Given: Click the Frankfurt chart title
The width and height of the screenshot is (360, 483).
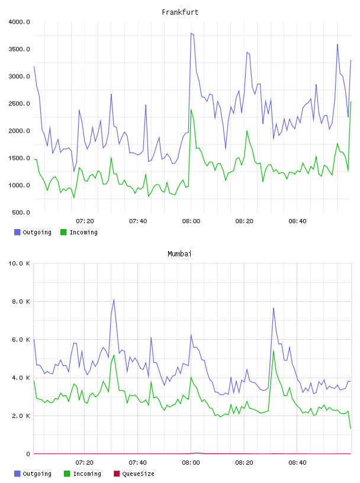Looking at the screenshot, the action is [x=180, y=12].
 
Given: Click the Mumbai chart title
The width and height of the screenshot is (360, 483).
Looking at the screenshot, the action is [x=179, y=254].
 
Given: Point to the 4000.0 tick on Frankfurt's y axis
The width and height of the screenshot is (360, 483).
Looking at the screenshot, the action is [x=19, y=22].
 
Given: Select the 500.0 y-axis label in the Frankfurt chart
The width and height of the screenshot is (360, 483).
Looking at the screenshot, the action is [x=21, y=212].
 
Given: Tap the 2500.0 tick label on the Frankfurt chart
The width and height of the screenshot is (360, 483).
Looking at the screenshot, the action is [x=19, y=104].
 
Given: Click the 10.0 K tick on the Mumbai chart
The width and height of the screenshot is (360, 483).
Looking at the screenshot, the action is [x=19, y=263].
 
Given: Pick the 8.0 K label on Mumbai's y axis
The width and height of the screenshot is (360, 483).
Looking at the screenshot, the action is [x=21, y=301].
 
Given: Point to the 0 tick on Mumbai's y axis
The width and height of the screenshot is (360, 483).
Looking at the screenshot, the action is [x=28, y=454].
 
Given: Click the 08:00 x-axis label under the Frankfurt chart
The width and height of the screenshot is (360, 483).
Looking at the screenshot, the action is [x=191, y=221].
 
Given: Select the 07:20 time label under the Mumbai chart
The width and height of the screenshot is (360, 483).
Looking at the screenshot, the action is [x=85, y=463].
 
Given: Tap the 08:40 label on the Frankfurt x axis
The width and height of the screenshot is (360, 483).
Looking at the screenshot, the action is [x=297, y=221].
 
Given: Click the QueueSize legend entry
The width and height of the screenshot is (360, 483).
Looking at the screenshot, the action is [x=138, y=474].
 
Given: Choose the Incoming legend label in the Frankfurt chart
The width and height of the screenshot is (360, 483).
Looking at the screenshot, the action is [x=83, y=232].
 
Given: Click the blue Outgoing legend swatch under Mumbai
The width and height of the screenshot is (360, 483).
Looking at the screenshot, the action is [x=17, y=474].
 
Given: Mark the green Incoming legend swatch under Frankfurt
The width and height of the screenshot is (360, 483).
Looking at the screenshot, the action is [x=63, y=232].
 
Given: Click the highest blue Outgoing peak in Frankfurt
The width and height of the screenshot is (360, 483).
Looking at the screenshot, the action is [x=191, y=33].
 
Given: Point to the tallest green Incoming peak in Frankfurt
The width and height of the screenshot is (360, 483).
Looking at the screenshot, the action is [x=351, y=102].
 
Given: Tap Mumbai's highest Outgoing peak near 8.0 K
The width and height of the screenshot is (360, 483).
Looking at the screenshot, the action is [x=114, y=299].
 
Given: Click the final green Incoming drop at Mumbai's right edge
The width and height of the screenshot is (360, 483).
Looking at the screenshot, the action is [x=351, y=428].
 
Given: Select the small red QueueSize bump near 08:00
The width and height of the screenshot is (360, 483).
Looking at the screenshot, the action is [x=197, y=453].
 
